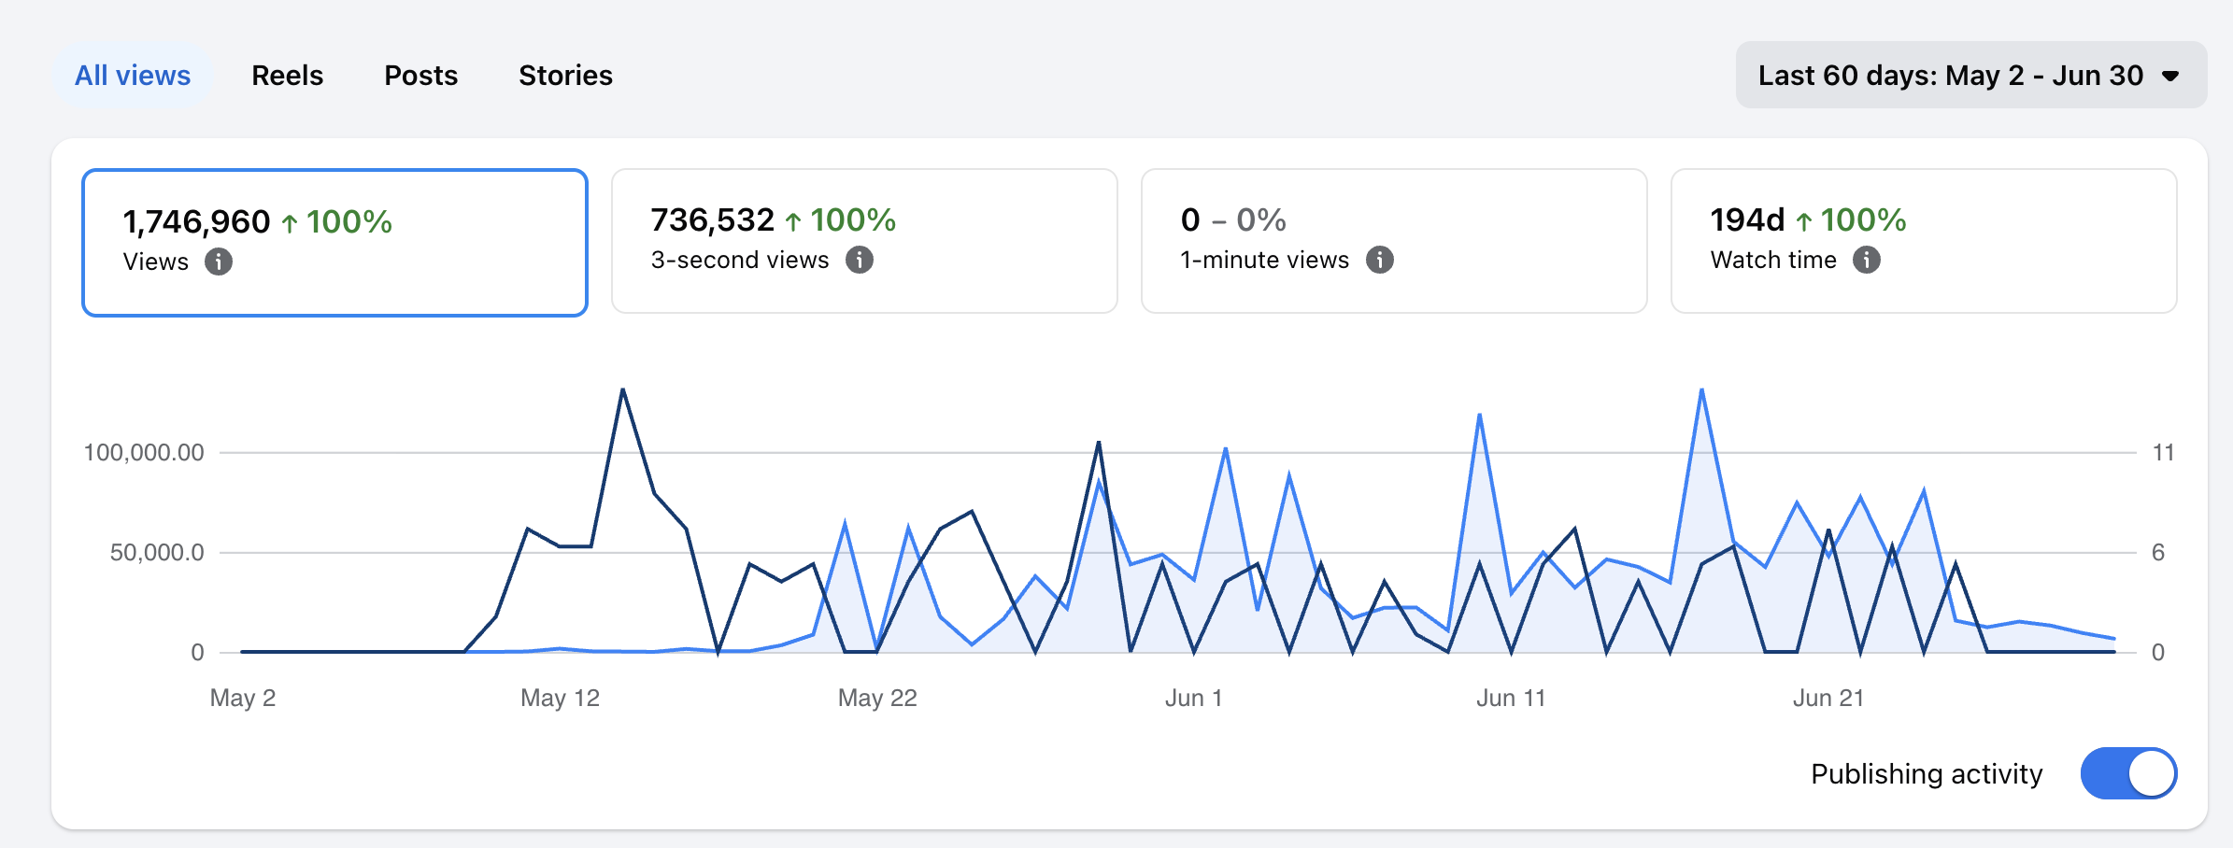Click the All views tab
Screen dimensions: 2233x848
[133, 75]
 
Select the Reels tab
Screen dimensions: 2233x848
[287, 75]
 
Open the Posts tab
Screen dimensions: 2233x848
[420, 75]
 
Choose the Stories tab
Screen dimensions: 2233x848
[565, 75]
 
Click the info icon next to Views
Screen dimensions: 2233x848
[219, 261]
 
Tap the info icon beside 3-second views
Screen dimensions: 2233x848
[860, 260]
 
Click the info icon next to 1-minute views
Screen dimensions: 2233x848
[1380, 260]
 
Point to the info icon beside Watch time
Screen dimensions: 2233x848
[1867, 260]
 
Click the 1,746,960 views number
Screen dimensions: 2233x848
[196, 221]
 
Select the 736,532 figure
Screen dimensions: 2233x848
[712, 219]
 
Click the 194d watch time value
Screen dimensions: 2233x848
[1747, 219]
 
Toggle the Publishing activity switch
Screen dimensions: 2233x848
[2128, 773]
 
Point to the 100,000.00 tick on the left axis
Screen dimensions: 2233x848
[144, 453]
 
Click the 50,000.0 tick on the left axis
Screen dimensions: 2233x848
[157, 553]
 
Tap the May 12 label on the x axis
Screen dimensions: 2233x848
[560, 698]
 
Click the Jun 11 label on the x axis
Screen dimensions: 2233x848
[1511, 698]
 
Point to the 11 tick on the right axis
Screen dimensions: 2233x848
[2163, 453]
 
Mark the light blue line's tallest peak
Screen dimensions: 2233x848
[1702, 389]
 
